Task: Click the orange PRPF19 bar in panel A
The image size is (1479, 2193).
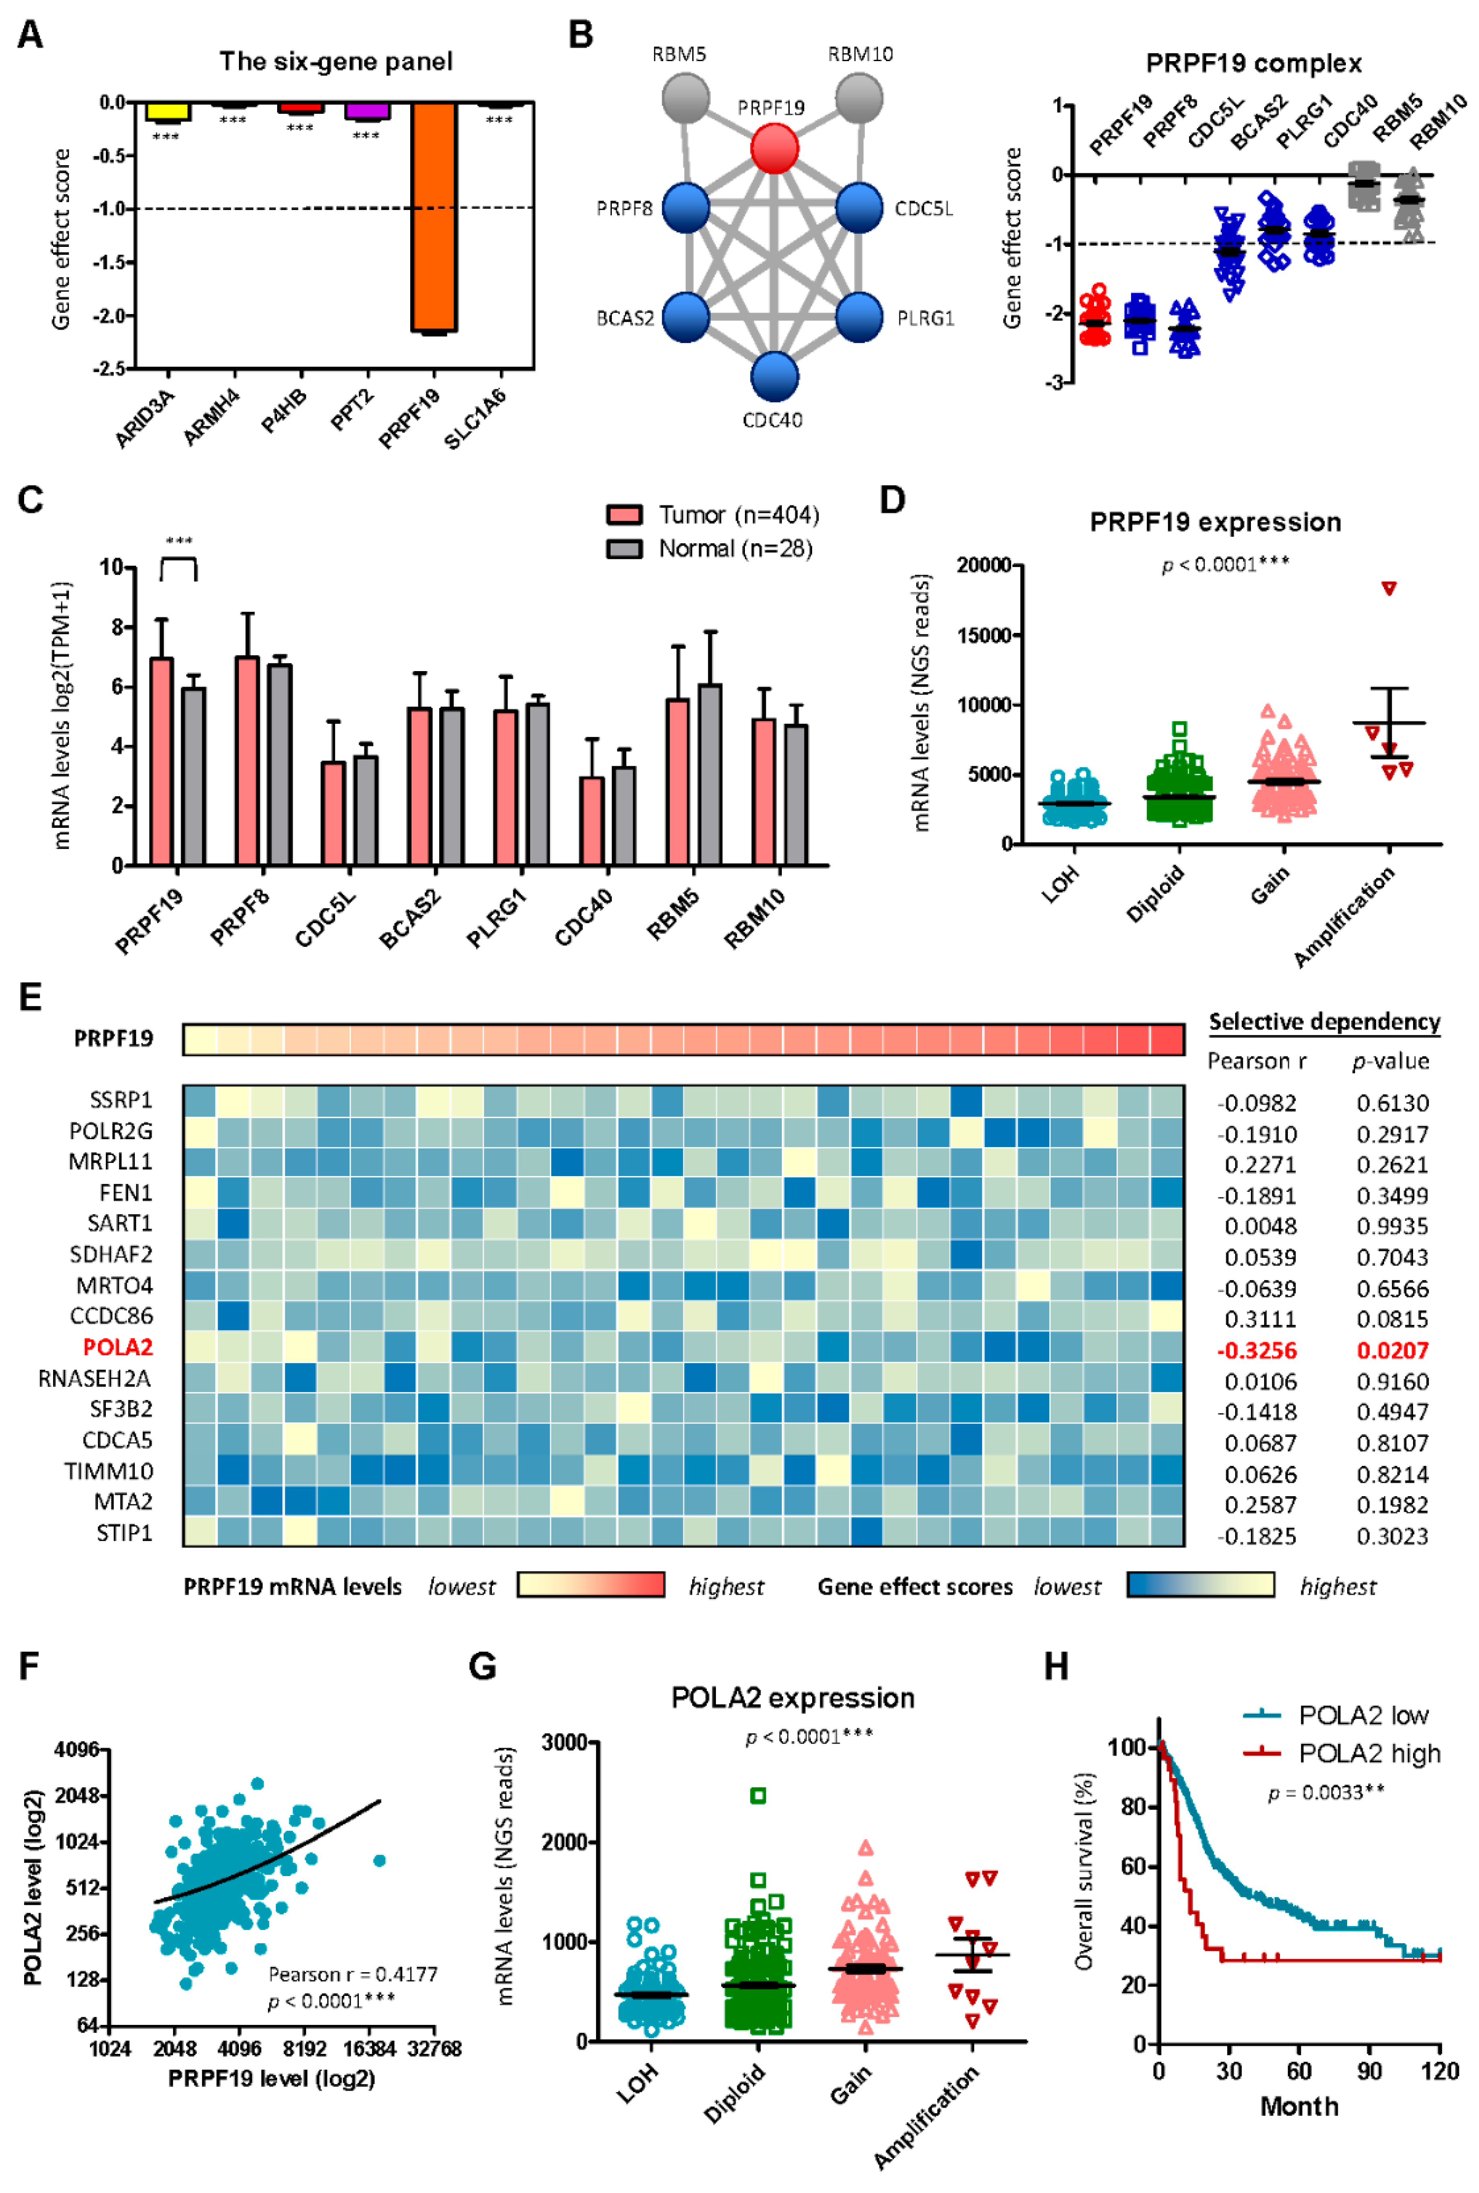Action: tap(434, 217)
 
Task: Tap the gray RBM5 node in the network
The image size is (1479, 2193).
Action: tap(686, 97)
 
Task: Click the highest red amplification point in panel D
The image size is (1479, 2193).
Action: tap(1388, 588)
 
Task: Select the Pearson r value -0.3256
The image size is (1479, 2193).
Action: tap(1257, 1350)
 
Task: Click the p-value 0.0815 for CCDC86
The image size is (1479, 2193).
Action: tap(1392, 1319)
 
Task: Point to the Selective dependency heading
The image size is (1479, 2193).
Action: tap(1324, 1022)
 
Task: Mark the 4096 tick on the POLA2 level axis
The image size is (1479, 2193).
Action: tap(77, 1750)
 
